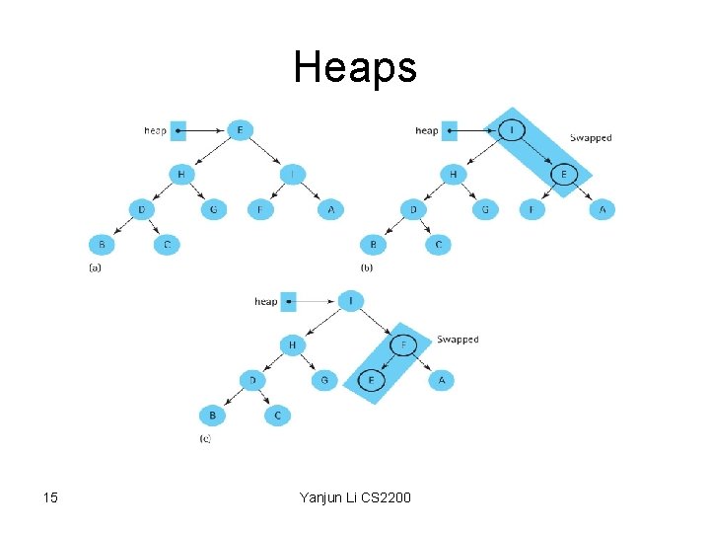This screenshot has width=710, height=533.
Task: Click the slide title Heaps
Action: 355,68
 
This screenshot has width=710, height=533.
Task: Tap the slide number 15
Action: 51,497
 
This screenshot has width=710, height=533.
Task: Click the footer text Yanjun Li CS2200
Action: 355,497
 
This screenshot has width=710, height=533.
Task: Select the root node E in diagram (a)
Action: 239,130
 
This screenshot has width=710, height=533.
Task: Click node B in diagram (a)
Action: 101,245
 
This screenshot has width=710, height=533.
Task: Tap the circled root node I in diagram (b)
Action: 511,130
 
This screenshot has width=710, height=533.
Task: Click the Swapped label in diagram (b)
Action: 592,138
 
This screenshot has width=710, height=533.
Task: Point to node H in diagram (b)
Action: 453,175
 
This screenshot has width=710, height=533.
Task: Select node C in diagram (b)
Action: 439,245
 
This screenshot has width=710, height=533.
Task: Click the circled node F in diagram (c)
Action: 405,344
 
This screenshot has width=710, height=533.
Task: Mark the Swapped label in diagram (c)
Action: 458,340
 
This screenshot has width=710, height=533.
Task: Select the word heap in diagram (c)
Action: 265,301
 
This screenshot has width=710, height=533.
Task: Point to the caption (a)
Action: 96,267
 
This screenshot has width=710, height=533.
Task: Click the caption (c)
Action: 205,438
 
